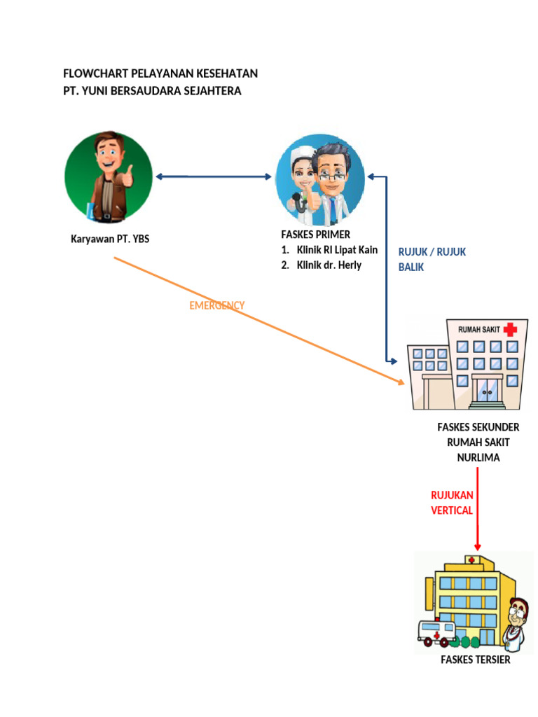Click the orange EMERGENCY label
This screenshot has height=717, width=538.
pyautogui.click(x=217, y=305)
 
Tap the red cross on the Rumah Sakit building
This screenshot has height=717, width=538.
pyautogui.click(x=509, y=329)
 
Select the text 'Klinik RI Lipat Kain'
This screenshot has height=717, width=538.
pyautogui.click(x=337, y=250)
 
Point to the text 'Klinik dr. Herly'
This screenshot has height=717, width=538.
pyautogui.click(x=329, y=265)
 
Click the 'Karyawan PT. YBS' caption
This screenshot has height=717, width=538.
pyautogui.click(x=110, y=239)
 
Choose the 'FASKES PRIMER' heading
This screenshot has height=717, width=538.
pyautogui.click(x=315, y=235)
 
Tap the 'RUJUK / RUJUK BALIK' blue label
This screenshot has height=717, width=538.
pyautogui.click(x=432, y=259)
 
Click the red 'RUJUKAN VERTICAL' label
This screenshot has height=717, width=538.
pyautogui.click(x=452, y=503)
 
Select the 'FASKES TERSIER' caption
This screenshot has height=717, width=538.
pyautogui.click(x=475, y=660)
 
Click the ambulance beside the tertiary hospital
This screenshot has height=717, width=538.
pyautogui.click(x=436, y=633)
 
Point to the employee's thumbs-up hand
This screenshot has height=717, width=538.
pyautogui.click(x=128, y=176)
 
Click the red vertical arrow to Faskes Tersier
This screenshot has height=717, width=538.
pyautogui.click(x=478, y=508)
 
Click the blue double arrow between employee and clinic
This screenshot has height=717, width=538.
pyautogui.click(x=214, y=176)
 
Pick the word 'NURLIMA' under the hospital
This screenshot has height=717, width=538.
pyautogui.click(x=478, y=457)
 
